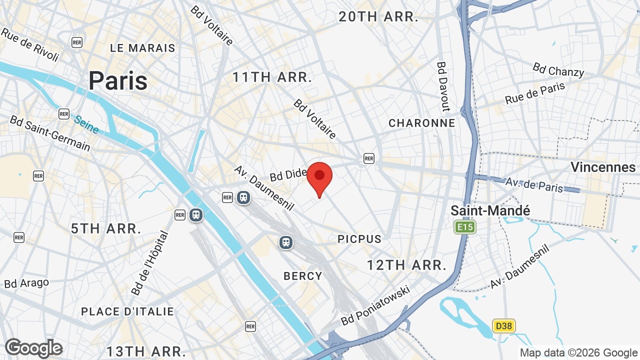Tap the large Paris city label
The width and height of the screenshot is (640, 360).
(x=118, y=80)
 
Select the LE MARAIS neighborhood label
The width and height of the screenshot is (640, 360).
(x=142, y=48)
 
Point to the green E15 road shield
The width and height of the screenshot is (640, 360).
(x=465, y=227)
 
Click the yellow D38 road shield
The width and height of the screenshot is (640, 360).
(x=503, y=326)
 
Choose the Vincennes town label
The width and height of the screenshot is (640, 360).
(x=603, y=167)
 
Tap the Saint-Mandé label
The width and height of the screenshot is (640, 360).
(x=490, y=210)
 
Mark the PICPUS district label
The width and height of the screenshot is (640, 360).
(x=359, y=239)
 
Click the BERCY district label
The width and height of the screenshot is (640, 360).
(x=303, y=276)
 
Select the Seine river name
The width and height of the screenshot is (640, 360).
(x=86, y=124)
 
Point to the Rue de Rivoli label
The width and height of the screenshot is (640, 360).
(x=30, y=44)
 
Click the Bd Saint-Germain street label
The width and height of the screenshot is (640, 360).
(x=50, y=133)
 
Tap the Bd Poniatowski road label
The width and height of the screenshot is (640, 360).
(x=375, y=305)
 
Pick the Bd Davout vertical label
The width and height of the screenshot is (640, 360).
(x=443, y=86)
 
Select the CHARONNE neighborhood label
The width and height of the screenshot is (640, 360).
(x=421, y=123)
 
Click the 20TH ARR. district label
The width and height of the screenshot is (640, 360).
(x=378, y=16)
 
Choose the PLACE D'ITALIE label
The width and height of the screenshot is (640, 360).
(x=127, y=311)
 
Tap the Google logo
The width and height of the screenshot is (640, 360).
(x=33, y=348)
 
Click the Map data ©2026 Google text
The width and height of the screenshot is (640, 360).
(x=578, y=352)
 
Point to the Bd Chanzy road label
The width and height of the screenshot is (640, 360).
(x=558, y=69)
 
